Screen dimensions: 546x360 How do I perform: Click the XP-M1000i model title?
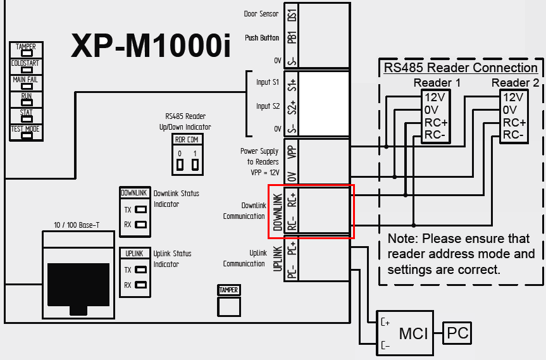pos(151,46)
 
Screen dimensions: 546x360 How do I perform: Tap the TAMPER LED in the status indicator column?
pos(27,53)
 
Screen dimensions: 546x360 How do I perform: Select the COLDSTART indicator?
pos(27,70)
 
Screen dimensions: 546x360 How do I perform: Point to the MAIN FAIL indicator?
pos(27,86)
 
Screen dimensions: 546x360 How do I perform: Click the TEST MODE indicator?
pos(27,136)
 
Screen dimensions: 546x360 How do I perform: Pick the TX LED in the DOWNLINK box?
pos(140,209)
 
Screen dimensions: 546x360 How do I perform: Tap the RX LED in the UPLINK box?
pos(140,285)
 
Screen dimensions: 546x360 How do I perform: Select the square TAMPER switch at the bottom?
pos(229,306)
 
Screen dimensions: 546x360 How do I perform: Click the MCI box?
pos(405,333)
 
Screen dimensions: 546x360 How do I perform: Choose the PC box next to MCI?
pos(457,333)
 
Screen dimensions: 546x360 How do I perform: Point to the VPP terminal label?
pos(292,152)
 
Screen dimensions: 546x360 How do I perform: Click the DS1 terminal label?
pos(292,15)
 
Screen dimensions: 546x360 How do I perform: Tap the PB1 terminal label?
pos(292,37)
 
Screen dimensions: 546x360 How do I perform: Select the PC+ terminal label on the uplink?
pos(292,248)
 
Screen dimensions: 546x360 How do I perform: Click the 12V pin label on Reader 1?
pos(435,97)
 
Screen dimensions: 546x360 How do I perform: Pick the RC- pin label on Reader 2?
pos(513,135)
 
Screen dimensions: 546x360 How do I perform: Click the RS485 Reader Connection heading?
pos(461,68)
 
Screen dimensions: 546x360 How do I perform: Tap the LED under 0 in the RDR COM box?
pos(180,164)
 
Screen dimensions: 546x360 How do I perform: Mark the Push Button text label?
pos(262,37)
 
